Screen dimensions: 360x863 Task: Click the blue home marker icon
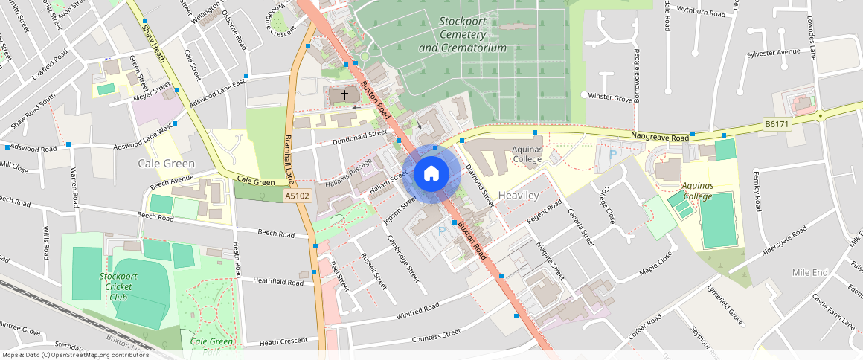[x=431, y=174]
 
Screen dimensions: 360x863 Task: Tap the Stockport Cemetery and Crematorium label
[x=462, y=35]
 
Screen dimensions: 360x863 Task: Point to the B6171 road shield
[x=776, y=126]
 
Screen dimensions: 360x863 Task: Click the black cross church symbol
[x=344, y=95]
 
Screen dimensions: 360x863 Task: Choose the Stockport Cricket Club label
[x=118, y=286]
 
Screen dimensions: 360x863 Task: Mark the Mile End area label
[x=809, y=273]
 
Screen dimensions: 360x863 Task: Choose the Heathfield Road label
[x=277, y=283]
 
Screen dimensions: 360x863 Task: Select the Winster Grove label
[x=610, y=97]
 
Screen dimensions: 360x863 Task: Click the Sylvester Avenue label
[x=774, y=53]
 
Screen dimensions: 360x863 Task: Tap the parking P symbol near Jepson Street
[x=441, y=231]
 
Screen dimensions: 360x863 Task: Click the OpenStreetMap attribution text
[x=74, y=355]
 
